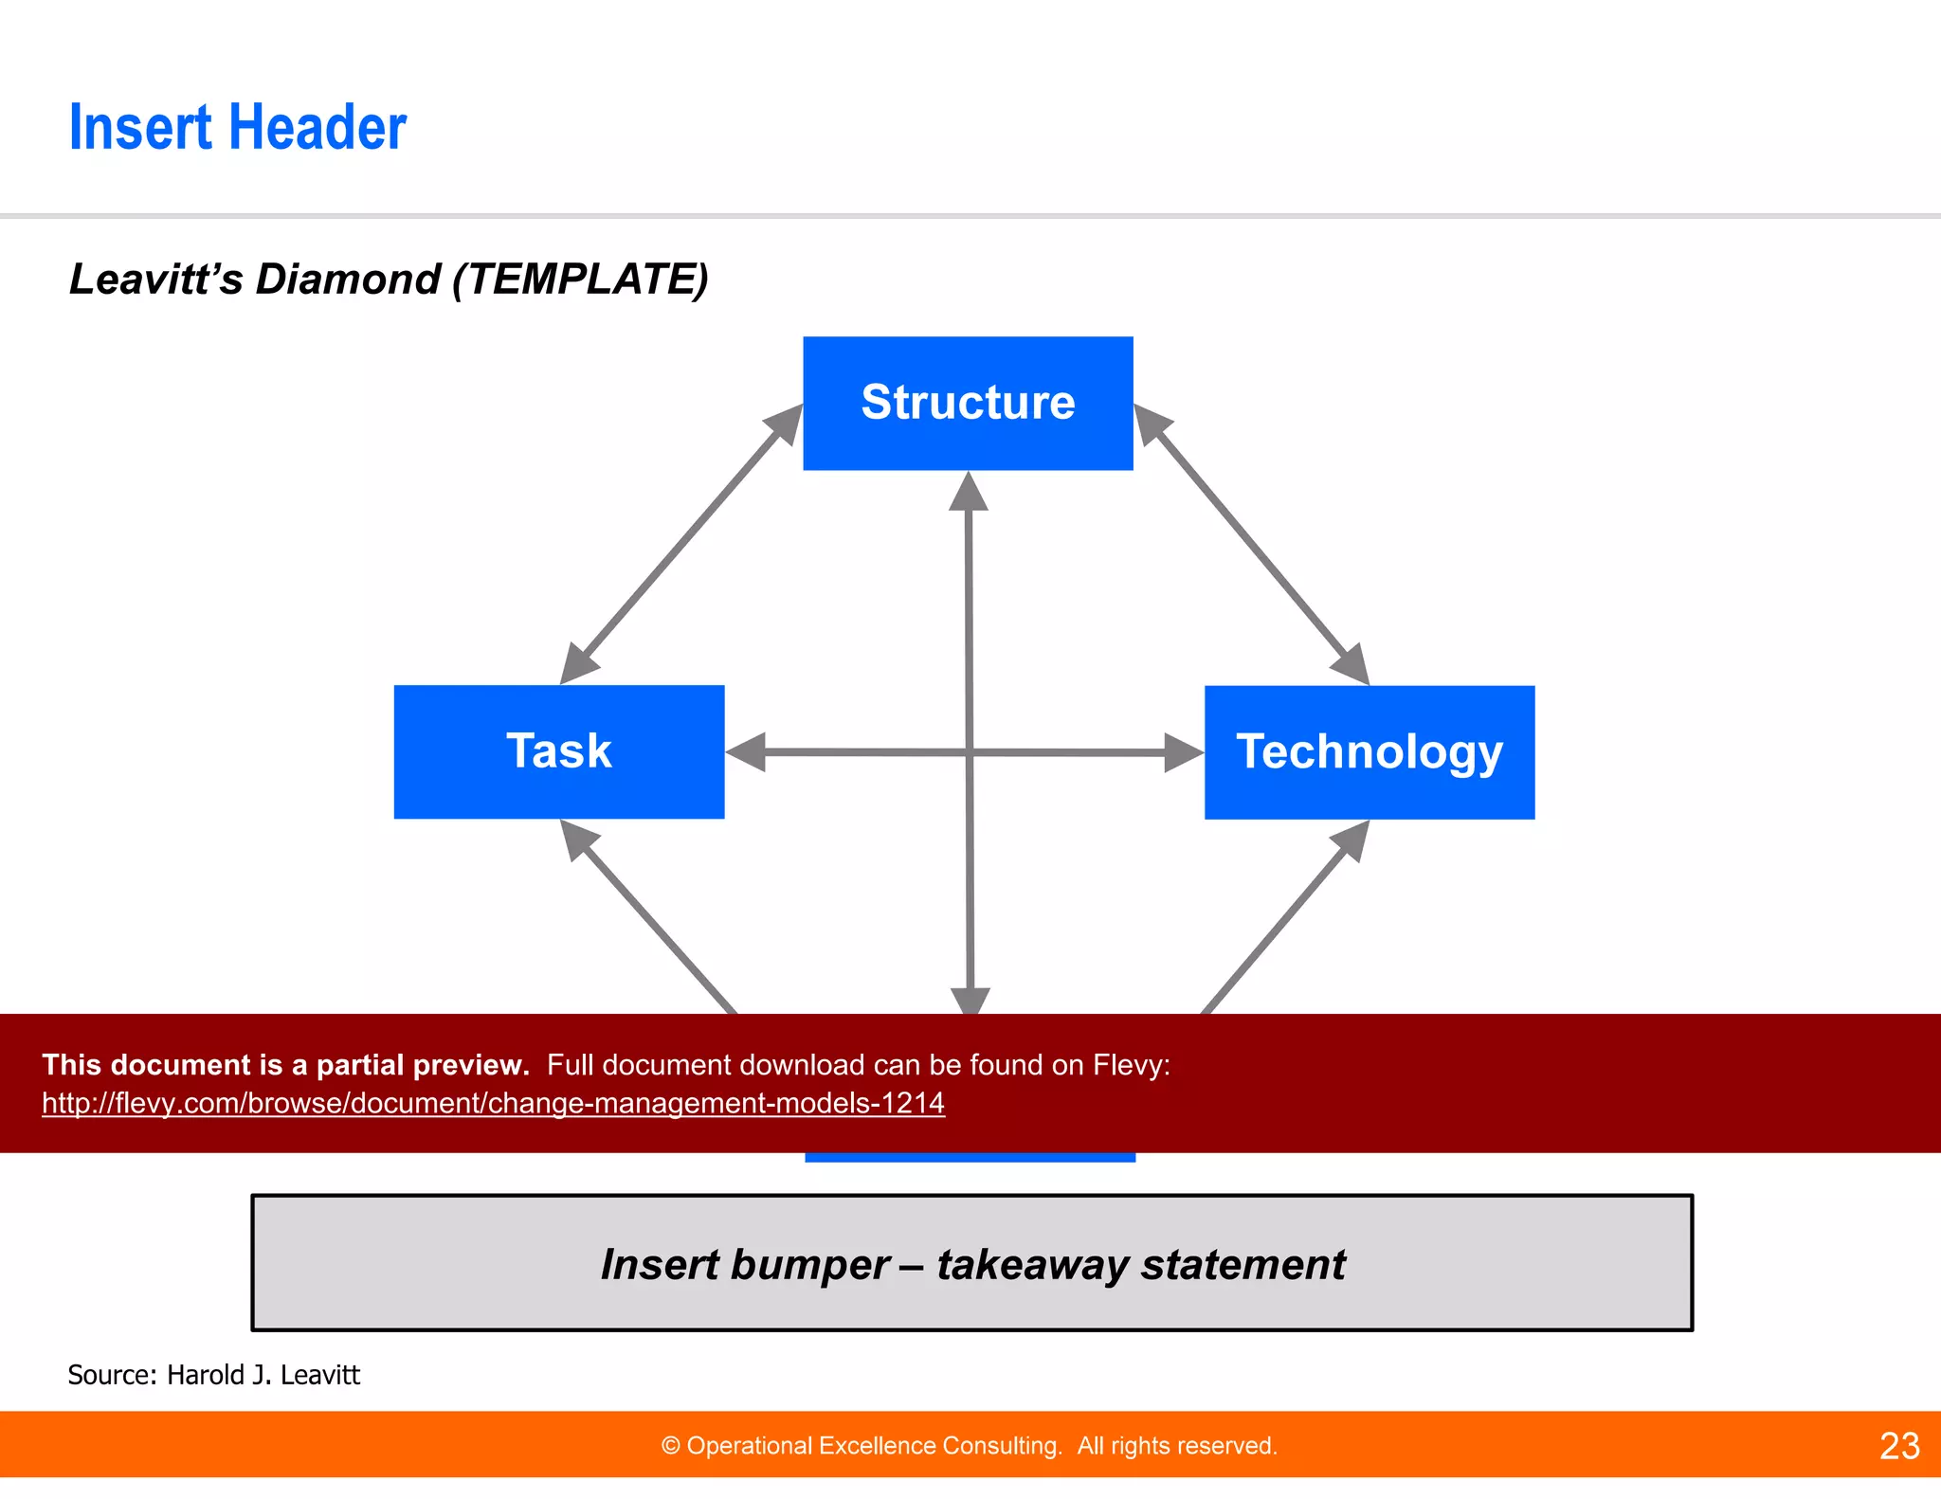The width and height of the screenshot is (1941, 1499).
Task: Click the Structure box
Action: pos(968,403)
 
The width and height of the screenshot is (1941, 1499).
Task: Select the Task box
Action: pos(558,751)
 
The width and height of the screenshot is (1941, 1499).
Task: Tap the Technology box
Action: pos(1369,752)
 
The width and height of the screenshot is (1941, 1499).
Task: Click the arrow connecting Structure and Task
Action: pos(680,544)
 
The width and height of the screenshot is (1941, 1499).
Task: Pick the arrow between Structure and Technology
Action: pos(1251,544)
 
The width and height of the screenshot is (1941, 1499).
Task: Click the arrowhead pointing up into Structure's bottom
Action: pos(968,493)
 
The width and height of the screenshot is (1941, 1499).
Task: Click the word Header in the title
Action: pos(318,128)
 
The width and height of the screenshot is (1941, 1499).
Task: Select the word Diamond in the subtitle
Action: pos(347,280)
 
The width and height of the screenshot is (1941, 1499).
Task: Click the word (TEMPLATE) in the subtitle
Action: pos(580,280)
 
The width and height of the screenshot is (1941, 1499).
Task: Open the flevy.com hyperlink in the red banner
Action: pos(493,1103)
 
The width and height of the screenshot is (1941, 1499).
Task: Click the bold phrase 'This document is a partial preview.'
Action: pos(285,1065)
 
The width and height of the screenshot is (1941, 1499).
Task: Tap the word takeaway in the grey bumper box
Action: pos(1033,1265)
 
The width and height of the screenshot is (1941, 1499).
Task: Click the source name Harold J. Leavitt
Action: pos(263,1375)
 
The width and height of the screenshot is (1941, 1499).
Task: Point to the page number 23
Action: pos(1899,1446)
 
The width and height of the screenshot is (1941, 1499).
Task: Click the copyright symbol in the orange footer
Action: pos(670,1446)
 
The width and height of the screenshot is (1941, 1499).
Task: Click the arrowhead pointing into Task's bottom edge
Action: pos(578,840)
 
